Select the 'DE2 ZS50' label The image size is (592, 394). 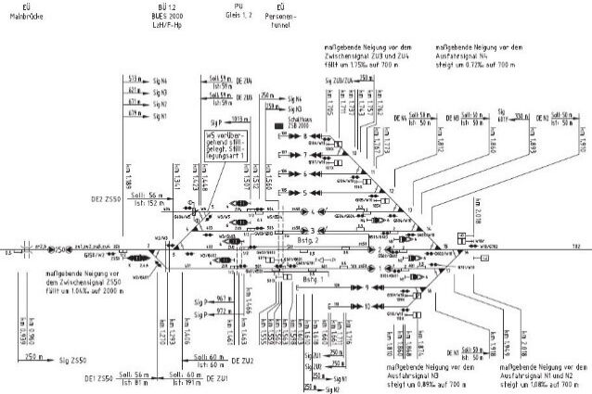click(102, 199)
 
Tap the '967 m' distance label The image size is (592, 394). click(223, 299)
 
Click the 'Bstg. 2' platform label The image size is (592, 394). click(332, 239)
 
